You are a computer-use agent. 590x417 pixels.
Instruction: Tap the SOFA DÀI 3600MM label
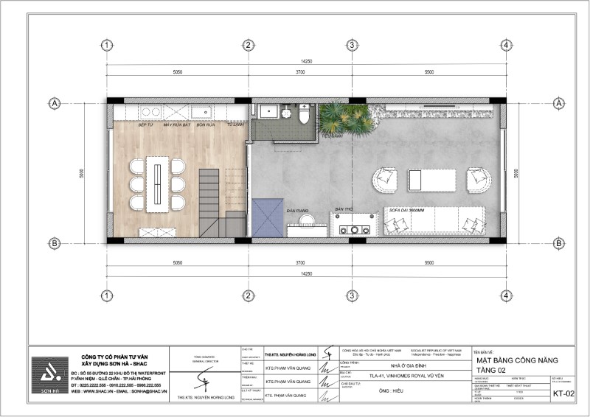(x=406, y=211)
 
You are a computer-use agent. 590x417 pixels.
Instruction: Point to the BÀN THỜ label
(x=343, y=211)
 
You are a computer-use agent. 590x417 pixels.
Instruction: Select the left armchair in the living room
(x=385, y=178)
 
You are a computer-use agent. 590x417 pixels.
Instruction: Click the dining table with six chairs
(x=157, y=183)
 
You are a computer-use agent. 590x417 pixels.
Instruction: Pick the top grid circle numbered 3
(x=353, y=46)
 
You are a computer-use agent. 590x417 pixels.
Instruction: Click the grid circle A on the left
(x=54, y=103)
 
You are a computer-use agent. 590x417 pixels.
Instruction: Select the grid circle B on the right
(x=558, y=243)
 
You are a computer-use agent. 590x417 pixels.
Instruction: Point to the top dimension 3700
(x=300, y=73)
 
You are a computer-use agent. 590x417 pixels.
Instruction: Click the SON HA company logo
(x=49, y=376)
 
